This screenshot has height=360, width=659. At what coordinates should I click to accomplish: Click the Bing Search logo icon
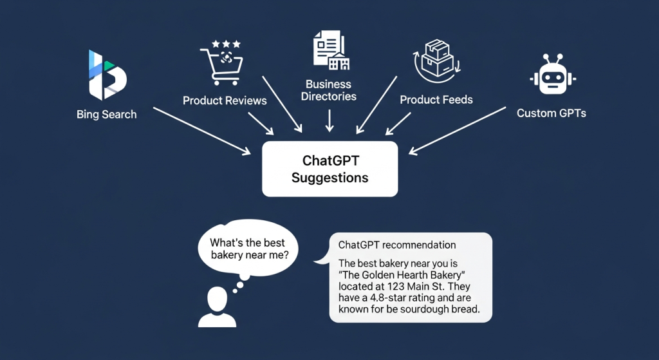(107, 75)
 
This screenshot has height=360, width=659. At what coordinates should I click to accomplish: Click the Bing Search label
(106, 115)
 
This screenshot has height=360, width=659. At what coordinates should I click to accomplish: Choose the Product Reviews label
(225, 100)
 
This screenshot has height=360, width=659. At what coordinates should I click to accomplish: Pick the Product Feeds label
(436, 100)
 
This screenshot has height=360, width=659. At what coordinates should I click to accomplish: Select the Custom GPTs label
(552, 113)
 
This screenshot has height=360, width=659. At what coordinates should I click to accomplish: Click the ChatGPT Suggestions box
(330, 169)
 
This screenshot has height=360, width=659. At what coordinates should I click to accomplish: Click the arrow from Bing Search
(201, 131)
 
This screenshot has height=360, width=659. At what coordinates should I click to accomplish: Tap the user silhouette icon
(217, 307)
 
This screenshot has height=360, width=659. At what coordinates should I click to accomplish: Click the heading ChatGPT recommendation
(397, 245)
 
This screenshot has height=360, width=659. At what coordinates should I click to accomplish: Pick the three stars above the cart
(226, 44)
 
